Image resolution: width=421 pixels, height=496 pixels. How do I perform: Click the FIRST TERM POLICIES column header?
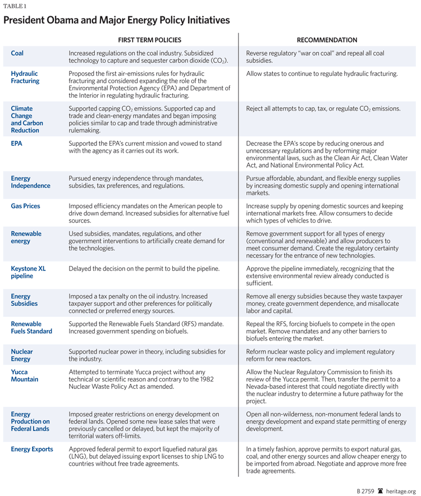point(149,40)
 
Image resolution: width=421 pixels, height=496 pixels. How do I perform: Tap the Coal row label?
point(17,53)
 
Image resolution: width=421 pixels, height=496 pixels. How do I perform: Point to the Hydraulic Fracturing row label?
point(25,77)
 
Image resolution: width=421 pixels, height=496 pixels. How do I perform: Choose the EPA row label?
point(16,144)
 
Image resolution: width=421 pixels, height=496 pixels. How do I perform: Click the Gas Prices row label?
point(25,206)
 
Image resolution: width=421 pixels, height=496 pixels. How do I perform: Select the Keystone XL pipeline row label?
point(28,273)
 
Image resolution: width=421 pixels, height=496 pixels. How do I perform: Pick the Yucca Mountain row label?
point(25,375)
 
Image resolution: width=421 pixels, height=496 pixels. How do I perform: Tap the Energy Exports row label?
point(32,449)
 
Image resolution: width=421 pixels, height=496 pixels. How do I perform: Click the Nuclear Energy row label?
point(22,355)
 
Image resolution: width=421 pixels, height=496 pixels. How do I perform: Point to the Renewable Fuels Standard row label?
point(31,328)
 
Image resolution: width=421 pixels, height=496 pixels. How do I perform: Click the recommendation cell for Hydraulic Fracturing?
point(322,74)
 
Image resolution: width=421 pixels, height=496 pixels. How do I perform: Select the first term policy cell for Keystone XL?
point(144,269)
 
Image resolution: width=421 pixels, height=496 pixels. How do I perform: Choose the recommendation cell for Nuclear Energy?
point(321,355)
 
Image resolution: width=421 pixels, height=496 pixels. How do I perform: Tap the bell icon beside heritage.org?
point(380,490)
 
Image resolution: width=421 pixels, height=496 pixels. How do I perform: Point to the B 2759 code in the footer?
point(365,490)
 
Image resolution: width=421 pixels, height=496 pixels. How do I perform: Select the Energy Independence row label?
point(30,182)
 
